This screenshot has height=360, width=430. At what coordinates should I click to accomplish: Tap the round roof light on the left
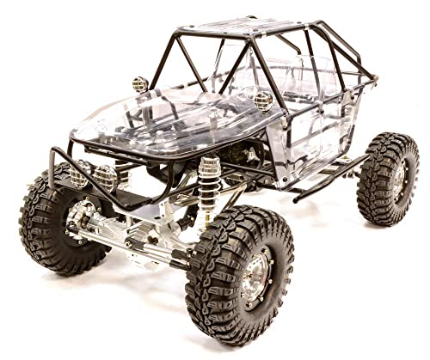tap(139, 85)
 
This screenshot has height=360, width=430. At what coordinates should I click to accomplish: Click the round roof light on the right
tap(263, 101)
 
